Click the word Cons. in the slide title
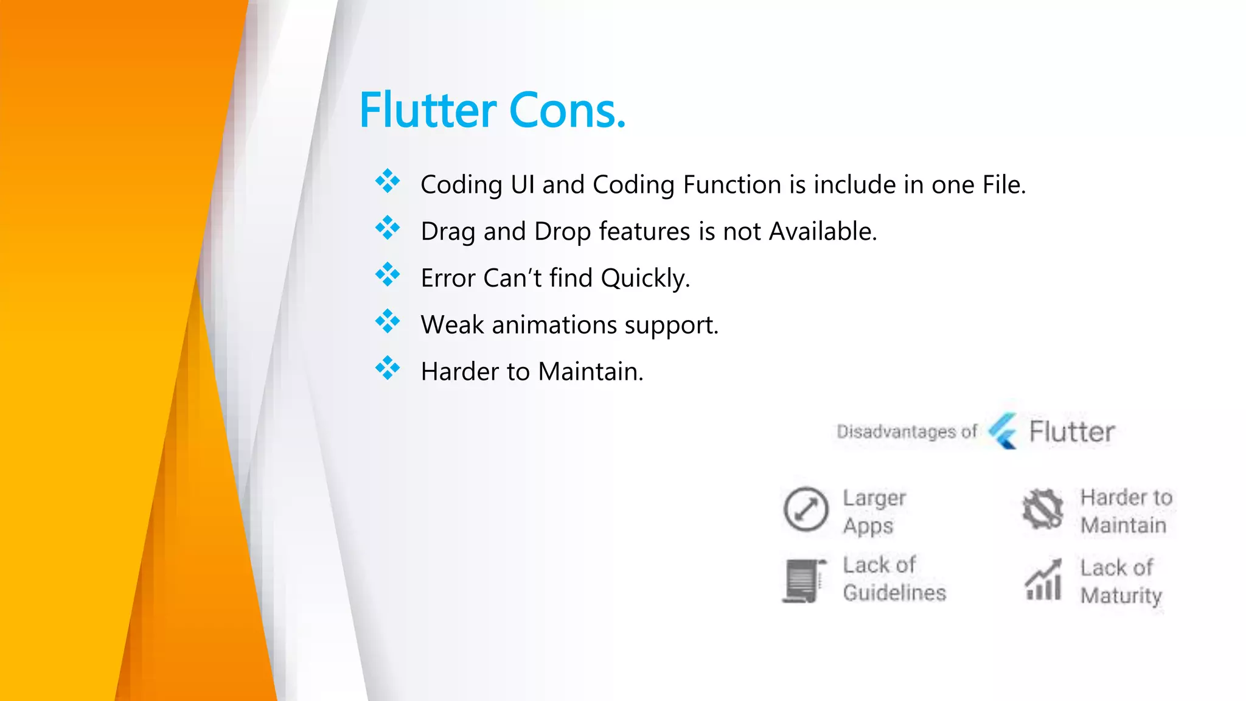(567, 111)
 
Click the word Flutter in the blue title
(428, 111)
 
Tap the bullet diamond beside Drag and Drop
(388, 228)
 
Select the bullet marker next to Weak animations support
(388, 321)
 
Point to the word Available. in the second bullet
(823, 231)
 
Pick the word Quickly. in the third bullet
(646, 278)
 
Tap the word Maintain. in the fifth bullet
(591, 372)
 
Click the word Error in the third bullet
(448, 278)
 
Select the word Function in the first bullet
(732, 184)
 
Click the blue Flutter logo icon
(1003, 431)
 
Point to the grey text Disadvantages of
(907, 431)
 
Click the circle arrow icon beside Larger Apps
(806, 509)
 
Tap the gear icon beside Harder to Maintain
(1042, 509)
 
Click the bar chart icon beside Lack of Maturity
(1043, 580)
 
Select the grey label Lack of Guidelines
(894, 579)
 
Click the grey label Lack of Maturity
(1121, 581)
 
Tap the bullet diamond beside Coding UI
(388, 181)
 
